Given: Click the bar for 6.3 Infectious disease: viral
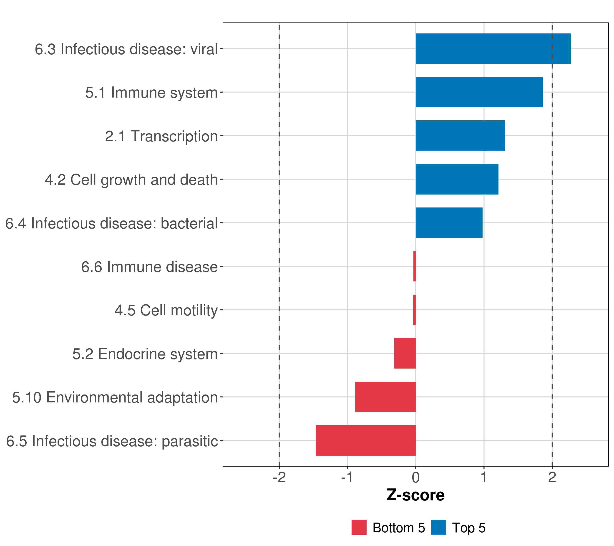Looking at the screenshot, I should click(493, 49).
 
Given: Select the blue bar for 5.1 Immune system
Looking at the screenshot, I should click(479, 92).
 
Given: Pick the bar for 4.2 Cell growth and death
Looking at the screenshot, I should click(457, 179).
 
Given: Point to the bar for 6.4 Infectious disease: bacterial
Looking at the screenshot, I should click(449, 223).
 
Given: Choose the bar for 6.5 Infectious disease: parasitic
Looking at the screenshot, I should click(366, 440).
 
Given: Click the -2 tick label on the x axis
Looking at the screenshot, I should click(279, 478).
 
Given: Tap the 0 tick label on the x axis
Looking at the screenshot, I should click(415, 478).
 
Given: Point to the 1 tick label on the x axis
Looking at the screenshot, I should click(484, 478).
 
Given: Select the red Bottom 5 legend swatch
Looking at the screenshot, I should click(359, 527).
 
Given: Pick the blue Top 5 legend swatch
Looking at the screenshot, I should click(439, 527).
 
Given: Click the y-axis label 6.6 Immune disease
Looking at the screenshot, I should click(149, 267).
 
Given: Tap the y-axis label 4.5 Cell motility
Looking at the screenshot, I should click(166, 310).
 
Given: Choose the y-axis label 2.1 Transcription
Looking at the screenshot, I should click(161, 136).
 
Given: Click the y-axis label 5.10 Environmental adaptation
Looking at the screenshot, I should click(115, 397).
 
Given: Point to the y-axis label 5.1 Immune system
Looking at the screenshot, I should click(151, 93).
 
